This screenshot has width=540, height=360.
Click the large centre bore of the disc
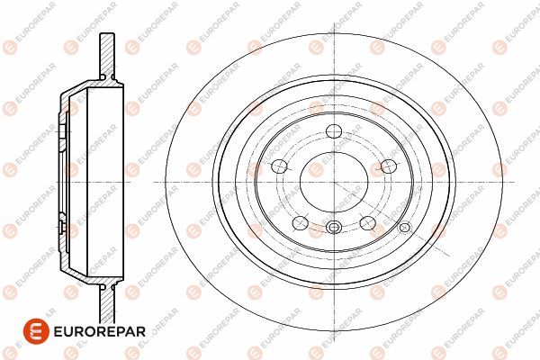[334, 182]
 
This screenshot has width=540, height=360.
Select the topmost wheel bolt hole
[334, 130]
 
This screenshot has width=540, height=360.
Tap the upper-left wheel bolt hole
[279, 166]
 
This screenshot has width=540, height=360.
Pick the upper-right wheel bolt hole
[389, 166]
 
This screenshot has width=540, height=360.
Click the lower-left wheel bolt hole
[300, 222]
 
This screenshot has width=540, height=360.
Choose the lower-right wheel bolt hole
[367, 222]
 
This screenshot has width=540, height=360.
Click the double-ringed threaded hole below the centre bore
[334, 227]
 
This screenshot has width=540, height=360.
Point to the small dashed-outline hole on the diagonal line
[405, 227]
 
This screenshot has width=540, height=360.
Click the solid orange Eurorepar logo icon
[36, 331]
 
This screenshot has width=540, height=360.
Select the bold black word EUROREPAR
[100, 332]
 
